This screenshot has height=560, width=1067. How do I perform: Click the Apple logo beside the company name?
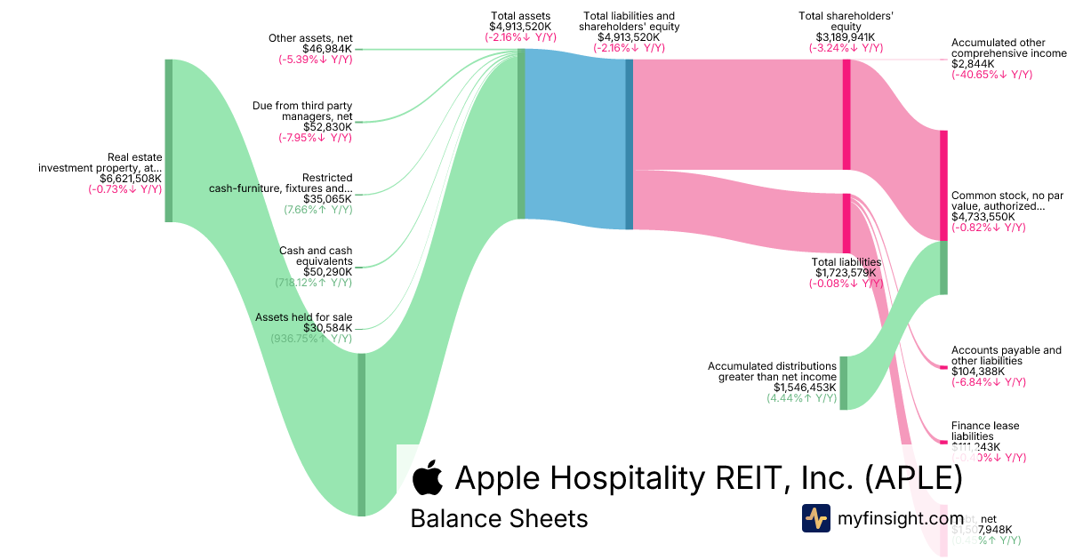(428, 478)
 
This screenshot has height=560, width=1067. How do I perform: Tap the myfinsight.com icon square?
(815, 518)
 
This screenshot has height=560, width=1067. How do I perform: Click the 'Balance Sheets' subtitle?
(499, 518)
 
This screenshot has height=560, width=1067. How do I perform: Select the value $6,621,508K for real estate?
(124, 178)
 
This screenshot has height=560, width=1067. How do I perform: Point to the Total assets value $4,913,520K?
(520, 27)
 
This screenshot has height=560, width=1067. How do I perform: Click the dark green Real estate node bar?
(168, 140)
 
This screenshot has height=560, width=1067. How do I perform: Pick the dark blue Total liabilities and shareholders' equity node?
(630, 144)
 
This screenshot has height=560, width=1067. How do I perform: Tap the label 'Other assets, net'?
(310, 37)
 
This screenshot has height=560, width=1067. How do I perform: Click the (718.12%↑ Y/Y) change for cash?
(314, 283)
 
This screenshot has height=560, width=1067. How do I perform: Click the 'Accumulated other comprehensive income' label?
(1007, 48)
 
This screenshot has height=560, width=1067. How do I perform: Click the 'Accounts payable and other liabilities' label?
(1006, 356)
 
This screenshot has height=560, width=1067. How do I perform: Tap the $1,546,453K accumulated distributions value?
(805, 388)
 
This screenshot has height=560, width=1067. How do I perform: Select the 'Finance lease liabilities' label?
(986, 432)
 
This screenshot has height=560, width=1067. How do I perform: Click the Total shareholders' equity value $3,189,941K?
(845, 37)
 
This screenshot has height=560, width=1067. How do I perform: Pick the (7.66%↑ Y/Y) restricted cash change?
(317, 211)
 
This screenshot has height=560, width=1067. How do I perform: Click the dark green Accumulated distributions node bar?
(843, 383)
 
